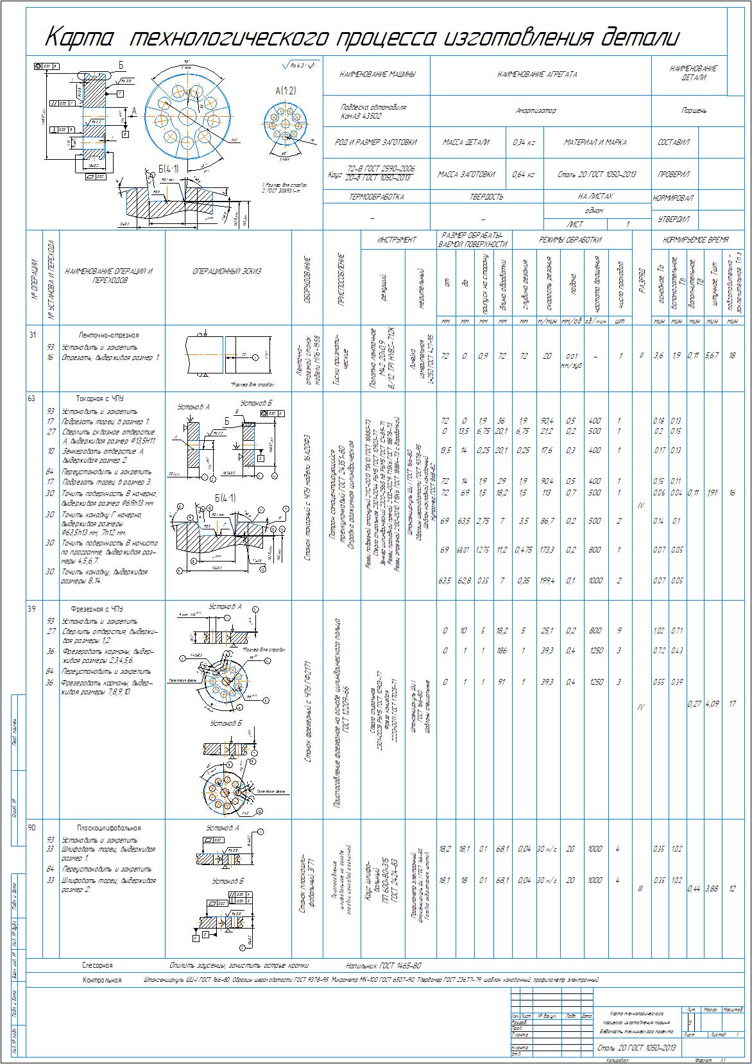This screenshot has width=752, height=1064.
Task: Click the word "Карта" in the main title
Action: tap(79, 39)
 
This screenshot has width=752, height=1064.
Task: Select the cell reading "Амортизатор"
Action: tap(536, 110)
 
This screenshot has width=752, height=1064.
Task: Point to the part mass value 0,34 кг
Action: tap(524, 142)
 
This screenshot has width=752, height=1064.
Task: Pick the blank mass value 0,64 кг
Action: tap(524, 174)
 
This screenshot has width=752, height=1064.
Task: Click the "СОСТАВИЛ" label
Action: tap(673, 142)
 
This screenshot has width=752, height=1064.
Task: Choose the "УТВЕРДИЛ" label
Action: tap(673, 219)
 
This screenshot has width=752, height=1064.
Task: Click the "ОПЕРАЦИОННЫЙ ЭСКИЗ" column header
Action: tap(227, 271)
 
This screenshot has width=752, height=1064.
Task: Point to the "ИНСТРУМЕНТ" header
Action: tap(397, 240)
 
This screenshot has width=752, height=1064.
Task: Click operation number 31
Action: tap(31, 334)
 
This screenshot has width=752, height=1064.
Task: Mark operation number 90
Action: tap(31, 828)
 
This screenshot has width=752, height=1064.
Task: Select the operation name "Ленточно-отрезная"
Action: tap(108, 335)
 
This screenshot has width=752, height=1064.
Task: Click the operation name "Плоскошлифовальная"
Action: tap(108, 828)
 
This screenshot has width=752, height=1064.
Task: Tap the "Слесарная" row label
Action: tap(97, 965)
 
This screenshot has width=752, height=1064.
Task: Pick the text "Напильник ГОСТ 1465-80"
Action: tap(383, 965)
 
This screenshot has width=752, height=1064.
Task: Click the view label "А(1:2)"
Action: tap(286, 92)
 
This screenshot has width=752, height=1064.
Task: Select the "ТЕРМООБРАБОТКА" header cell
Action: tap(376, 197)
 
